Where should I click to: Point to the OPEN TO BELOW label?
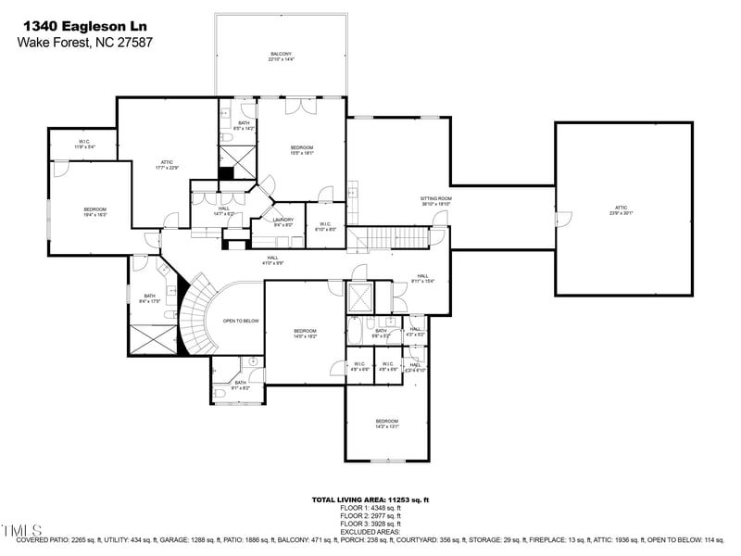(x=240, y=322)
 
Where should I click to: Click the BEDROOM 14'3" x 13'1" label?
(x=386, y=423)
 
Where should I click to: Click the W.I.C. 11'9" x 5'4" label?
(x=83, y=145)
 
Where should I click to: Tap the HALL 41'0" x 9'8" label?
(x=273, y=260)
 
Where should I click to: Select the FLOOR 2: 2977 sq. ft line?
(x=370, y=516)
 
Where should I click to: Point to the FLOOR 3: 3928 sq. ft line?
(x=370, y=524)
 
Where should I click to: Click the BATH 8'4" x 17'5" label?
(x=149, y=298)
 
